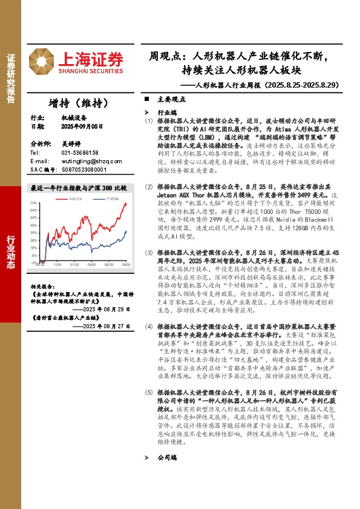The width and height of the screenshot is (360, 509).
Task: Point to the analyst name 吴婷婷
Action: (71, 144)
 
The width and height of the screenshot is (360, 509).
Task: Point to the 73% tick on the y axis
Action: (33, 203)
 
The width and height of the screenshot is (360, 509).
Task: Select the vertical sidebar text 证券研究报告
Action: (10, 79)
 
